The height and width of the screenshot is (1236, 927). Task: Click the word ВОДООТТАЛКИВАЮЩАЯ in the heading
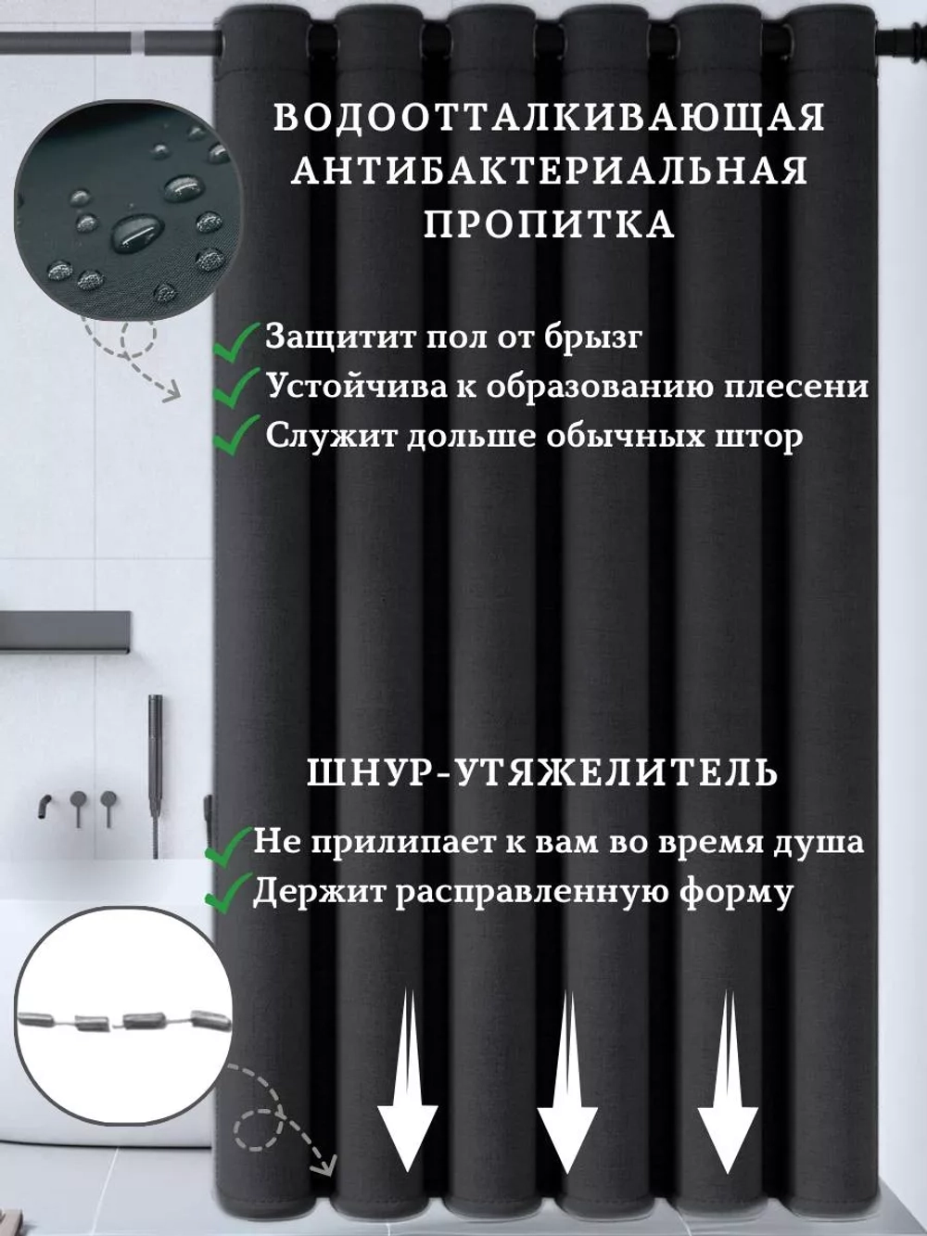pos(550,119)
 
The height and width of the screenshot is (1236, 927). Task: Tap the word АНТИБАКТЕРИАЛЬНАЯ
pos(550,172)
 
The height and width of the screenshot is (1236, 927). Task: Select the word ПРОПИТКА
pos(550,224)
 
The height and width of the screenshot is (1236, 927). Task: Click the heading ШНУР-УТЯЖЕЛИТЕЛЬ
pos(542,772)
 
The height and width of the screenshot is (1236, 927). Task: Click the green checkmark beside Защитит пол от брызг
pos(236,339)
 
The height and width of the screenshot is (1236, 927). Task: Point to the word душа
pos(821,843)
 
